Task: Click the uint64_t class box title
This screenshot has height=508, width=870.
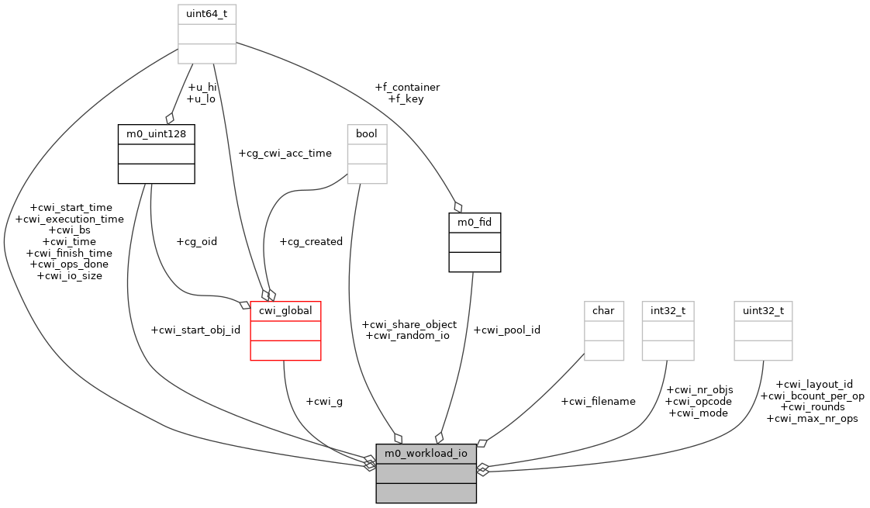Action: click(207, 14)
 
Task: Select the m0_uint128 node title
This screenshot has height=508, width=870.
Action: click(156, 134)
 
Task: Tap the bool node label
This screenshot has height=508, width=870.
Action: click(367, 134)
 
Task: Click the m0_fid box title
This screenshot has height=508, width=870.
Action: click(475, 223)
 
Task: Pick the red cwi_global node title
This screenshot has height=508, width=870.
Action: click(285, 311)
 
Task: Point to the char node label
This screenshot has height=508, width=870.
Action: click(603, 311)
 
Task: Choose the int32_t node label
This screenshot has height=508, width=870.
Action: click(668, 311)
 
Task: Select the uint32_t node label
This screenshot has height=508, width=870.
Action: click(763, 311)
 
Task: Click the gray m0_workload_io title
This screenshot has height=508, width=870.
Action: click(426, 453)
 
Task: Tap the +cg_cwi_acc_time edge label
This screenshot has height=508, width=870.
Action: click(285, 154)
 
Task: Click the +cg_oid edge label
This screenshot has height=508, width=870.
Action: click(196, 241)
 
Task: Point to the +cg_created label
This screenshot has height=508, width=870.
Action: click(310, 241)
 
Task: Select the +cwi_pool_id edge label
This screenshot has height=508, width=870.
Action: click(506, 330)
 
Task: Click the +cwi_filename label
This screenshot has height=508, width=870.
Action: click(598, 401)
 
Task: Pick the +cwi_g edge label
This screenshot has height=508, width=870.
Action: click(324, 401)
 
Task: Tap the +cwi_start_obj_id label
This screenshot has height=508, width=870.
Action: click(195, 330)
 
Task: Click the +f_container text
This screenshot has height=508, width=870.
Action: click(407, 88)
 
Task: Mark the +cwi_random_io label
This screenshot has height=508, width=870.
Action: click(407, 336)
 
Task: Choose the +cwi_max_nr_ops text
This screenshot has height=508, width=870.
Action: click(812, 419)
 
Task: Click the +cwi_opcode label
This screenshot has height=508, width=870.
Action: click(699, 401)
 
